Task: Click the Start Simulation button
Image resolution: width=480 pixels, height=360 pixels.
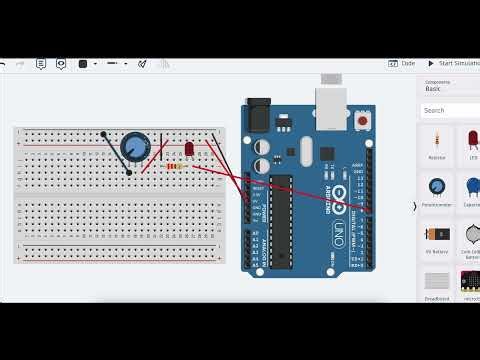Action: point(453,63)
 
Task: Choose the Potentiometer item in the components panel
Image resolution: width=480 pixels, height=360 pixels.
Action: point(436,190)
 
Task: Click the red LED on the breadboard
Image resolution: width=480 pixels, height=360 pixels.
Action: point(189,149)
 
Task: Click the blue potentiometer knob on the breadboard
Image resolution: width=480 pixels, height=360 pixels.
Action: point(135,148)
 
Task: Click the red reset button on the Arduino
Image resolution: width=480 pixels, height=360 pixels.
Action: point(362,120)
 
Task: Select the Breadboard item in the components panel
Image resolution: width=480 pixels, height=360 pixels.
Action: point(436,283)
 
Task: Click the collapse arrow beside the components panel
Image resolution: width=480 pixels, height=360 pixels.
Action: point(415,207)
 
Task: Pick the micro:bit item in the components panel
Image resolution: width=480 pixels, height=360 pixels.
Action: point(470,283)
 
